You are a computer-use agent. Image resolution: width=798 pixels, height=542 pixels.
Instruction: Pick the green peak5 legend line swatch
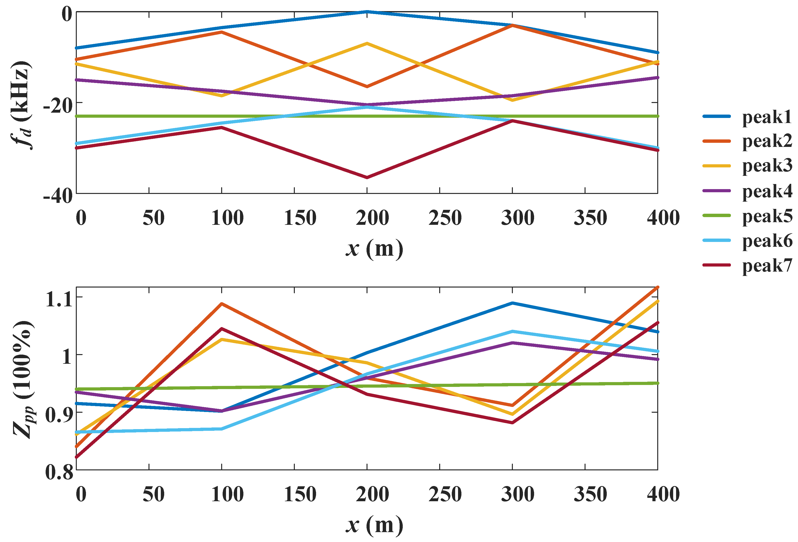click(716, 215)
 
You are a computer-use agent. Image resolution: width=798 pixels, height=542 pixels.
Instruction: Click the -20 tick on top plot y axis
click(58, 106)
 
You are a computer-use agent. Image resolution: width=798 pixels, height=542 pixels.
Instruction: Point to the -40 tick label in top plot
click(58, 197)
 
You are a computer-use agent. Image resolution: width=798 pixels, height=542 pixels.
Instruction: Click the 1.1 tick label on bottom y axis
click(59, 299)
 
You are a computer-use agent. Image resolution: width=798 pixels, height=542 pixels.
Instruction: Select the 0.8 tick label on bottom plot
click(59, 472)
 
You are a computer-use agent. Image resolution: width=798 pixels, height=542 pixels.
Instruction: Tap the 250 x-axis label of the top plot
click(445, 218)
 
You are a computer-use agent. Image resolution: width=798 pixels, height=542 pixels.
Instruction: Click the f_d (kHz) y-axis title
click(21, 106)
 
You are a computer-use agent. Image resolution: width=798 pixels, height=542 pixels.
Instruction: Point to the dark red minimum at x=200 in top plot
click(367, 177)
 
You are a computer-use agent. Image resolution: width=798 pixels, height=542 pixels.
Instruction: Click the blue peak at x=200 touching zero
click(367, 12)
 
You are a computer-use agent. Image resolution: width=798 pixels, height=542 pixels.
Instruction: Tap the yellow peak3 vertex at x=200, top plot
click(367, 44)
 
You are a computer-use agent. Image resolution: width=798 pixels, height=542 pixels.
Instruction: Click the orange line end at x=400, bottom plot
click(657, 288)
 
